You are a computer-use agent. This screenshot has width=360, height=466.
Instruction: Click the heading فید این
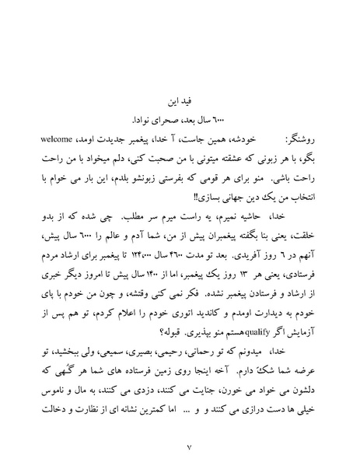pyautogui.click(x=180, y=101)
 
